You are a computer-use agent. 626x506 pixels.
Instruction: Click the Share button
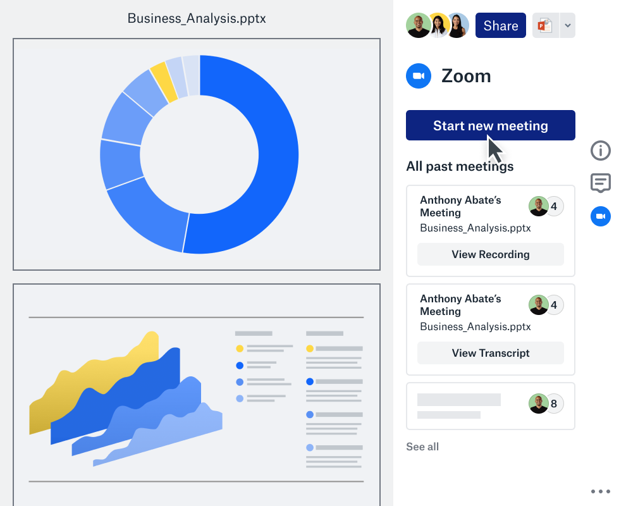(500, 26)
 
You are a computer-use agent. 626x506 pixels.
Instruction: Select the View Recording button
(490, 254)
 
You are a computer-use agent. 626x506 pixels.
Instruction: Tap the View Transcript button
(490, 353)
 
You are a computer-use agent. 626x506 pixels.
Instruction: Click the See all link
(422, 447)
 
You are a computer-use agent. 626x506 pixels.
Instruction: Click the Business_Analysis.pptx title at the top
(197, 18)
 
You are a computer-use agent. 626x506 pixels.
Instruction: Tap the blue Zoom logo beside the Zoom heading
(419, 76)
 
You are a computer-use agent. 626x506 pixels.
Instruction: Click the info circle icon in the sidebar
(600, 151)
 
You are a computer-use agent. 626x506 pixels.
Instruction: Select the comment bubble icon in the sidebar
(600, 183)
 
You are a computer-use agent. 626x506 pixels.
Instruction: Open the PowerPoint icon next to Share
(544, 26)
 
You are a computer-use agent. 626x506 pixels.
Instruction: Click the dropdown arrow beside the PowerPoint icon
(567, 26)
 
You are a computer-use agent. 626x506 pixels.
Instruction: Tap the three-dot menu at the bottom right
(600, 491)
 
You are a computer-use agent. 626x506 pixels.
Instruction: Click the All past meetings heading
(460, 166)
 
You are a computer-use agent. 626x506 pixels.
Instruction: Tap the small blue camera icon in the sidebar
(600, 217)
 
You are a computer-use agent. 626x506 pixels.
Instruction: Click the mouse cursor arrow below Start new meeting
(495, 149)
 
